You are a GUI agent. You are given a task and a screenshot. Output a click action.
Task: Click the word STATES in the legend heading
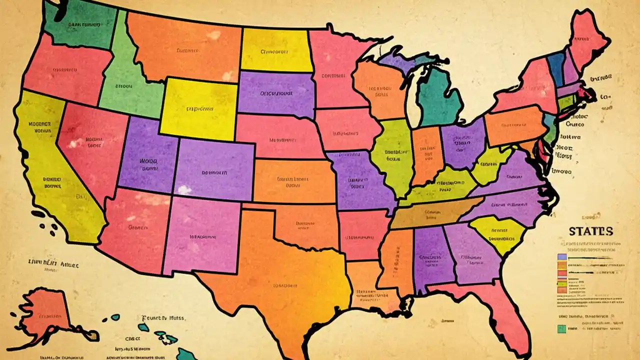(x=590, y=231)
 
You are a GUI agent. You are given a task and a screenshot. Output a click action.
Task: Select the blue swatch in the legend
(x=561, y=257)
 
